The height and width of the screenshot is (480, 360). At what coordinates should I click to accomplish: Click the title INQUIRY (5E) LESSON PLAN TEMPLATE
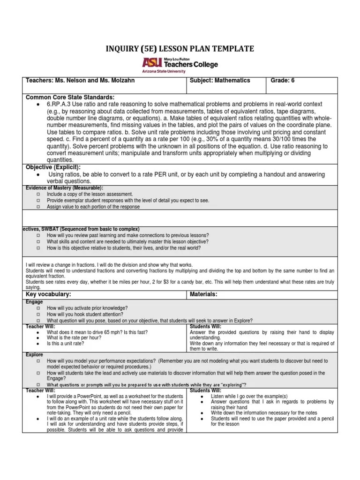180,49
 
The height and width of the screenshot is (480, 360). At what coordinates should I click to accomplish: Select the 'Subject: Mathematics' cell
220,80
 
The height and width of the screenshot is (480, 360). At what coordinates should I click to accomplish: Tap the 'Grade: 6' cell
283,80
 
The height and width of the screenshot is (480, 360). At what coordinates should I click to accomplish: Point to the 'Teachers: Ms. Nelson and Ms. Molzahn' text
80,80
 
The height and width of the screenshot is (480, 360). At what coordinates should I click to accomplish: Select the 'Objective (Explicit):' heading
53,167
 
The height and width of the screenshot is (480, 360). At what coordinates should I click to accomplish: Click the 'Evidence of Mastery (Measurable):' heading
64,188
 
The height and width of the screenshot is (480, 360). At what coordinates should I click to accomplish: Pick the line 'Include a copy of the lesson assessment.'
90,194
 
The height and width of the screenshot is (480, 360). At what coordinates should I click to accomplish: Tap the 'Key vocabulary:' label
48,294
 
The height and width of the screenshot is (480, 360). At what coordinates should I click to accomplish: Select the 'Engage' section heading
34,302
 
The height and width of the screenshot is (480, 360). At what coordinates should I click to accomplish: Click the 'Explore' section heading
35,355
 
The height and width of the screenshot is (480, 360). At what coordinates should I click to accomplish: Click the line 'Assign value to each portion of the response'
93,206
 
